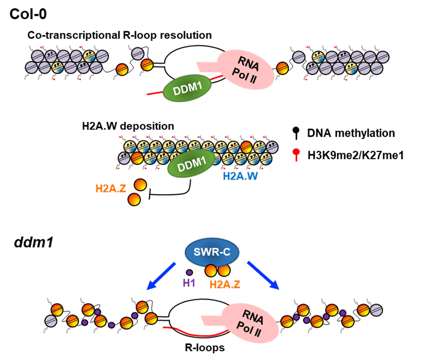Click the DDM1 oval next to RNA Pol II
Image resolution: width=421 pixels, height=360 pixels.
click(x=187, y=88)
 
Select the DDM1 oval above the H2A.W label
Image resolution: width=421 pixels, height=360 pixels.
click(x=191, y=164)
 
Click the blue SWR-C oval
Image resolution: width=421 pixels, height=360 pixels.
click(x=212, y=252)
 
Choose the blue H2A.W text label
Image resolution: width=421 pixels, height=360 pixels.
click(x=240, y=176)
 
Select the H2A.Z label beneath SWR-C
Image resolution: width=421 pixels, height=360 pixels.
click(x=224, y=284)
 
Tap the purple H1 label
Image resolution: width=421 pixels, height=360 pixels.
click(x=189, y=283)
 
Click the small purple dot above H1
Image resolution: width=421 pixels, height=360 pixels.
click(x=189, y=272)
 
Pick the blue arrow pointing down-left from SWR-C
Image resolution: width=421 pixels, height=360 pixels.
click(x=161, y=276)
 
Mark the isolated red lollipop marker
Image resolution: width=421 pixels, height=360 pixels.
click(x=296, y=153)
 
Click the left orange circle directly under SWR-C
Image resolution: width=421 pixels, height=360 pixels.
click(x=211, y=270)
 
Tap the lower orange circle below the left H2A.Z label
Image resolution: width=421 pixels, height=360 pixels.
click(x=134, y=200)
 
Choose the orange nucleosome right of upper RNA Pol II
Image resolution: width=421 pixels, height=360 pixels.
click(x=282, y=68)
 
